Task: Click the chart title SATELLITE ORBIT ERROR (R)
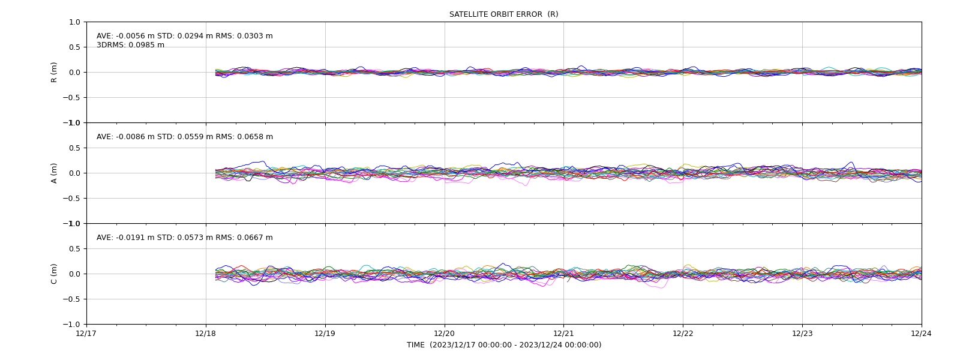click(x=503, y=14)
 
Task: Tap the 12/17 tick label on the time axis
click(x=86, y=334)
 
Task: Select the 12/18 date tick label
click(x=206, y=334)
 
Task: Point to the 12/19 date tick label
click(x=325, y=334)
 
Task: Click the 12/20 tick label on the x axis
click(x=445, y=334)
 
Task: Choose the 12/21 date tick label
click(x=563, y=334)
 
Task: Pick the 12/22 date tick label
click(x=683, y=334)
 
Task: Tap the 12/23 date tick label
click(x=802, y=334)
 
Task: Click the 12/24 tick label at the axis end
click(x=922, y=334)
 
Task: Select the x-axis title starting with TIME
click(x=504, y=345)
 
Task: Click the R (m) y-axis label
click(x=54, y=73)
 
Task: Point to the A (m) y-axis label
click(x=54, y=173)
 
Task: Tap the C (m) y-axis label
click(x=54, y=274)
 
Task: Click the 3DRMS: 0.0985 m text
click(x=130, y=45)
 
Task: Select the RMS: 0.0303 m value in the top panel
click(x=244, y=36)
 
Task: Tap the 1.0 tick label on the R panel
click(x=74, y=22)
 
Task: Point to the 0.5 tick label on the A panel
click(x=74, y=148)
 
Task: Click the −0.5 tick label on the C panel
click(x=71, y=299)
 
